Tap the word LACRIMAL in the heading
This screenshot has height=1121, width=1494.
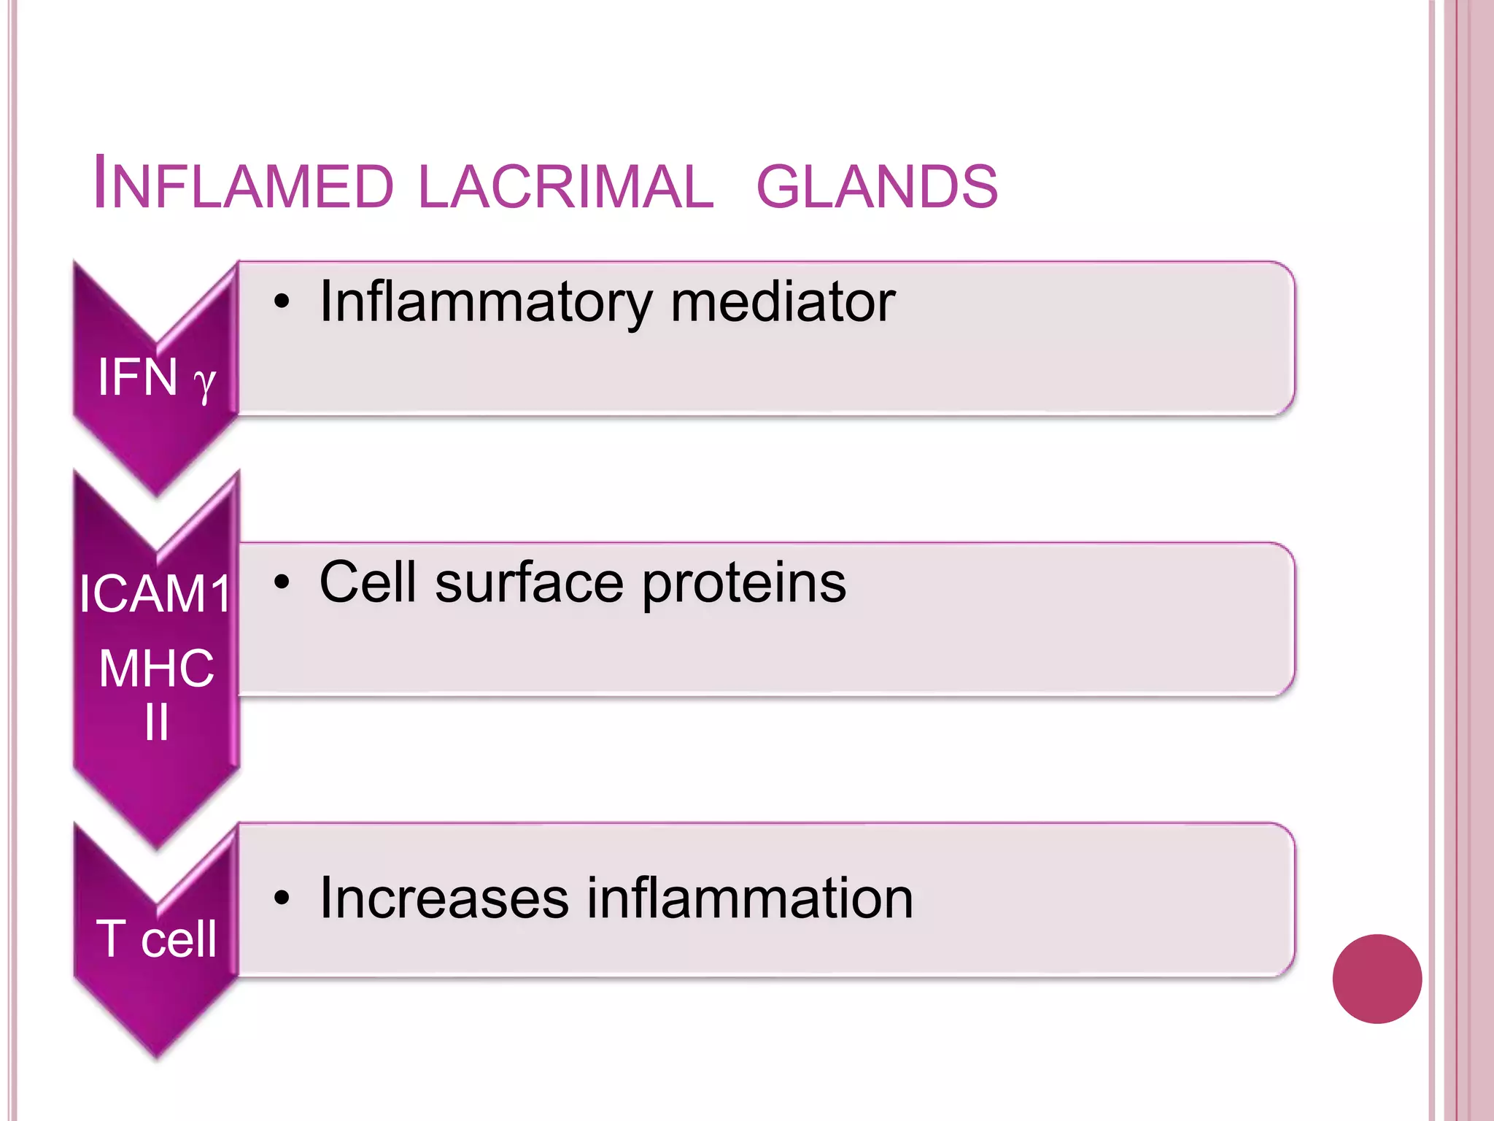[566, 185]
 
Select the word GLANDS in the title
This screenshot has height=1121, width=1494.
[877, 185]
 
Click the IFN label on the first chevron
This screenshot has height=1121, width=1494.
[138, 377]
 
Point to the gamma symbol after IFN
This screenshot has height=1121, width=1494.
[205, 382]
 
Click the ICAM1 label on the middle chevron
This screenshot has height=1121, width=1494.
[155, 593]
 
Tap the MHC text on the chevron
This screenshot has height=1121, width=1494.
[156, 668]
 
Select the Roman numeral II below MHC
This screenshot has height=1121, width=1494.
[156, 723]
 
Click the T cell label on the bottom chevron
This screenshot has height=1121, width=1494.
[156, 939]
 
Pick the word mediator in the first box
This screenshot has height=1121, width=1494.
[782, 301]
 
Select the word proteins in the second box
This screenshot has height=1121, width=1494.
[744, 584]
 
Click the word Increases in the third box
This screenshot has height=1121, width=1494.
[444, 898]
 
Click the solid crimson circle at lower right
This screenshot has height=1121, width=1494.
[1377, 979]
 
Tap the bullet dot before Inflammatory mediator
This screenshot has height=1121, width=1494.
[282, 301]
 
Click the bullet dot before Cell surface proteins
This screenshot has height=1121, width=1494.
[282, 582]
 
